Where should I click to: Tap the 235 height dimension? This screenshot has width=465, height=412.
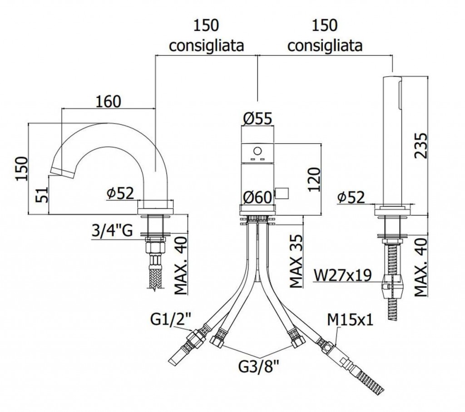pyautogui.click(x=421, y=145)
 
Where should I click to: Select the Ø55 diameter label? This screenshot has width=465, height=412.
pyautogui.click(x=257, y=118)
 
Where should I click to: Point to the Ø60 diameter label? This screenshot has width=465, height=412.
pyautogui.click(x=257, y=198)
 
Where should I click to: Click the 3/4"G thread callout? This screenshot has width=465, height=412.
pyautogui.click(x=112, y=231)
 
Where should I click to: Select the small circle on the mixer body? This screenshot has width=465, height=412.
pyautogui.click(x=257, y=151)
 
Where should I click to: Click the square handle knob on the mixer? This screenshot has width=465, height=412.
pyautogui.click(x=283, y=194)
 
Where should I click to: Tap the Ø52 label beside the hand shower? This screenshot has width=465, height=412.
pyautogui.click(x=351, y=198)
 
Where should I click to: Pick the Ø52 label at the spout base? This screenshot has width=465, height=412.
pyautogui.click(x=120, y=194)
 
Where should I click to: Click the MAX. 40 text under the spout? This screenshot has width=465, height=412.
pyautogui.click(x=181, y=267)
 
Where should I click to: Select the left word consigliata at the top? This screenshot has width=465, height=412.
pyautogui.click(x=206, y=45)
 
